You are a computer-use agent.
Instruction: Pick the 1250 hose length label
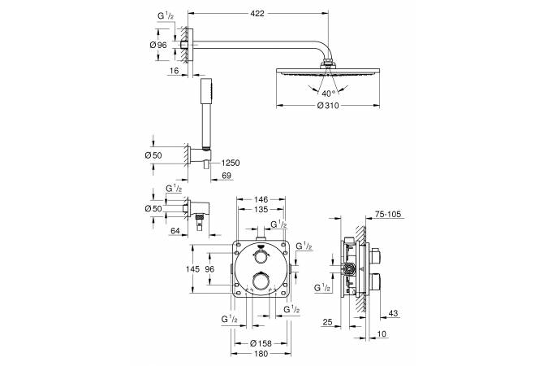click(231, 163)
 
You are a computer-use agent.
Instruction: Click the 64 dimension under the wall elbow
click(175, 230)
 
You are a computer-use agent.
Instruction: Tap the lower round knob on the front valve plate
click(261, 282)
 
